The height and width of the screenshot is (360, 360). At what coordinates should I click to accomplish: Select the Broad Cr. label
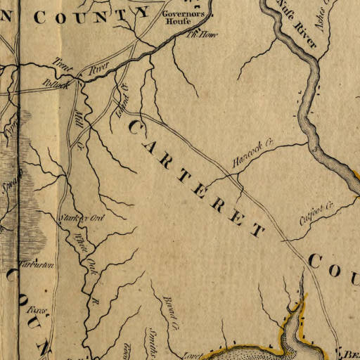point(171,311)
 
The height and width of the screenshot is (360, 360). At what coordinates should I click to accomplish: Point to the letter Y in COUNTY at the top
point(143,12)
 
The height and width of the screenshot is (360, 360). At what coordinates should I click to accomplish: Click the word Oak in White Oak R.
point(91,266)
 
